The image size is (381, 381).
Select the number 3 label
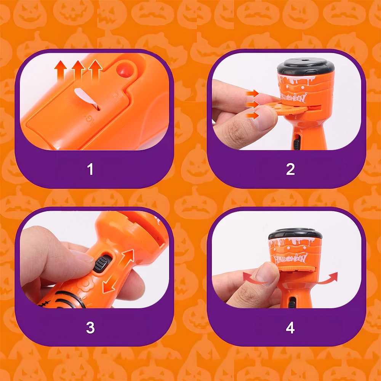click(x=90, y=327)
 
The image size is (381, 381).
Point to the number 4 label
click(x=290, y=327)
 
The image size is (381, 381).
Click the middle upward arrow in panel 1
click(x=78, y=70)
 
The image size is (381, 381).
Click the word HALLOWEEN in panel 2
click(x=294, y=98)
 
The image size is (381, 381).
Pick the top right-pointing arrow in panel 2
click(x=252, y=93)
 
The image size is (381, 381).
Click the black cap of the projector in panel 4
click(x=295, y=234)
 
